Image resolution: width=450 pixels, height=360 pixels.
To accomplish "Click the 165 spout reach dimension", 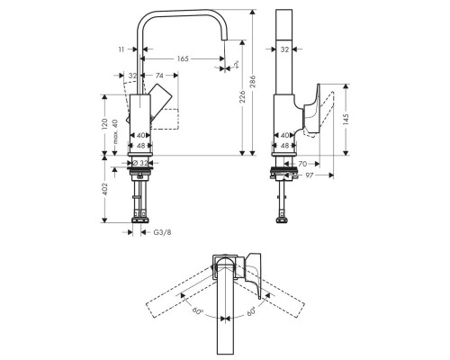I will (184, 58).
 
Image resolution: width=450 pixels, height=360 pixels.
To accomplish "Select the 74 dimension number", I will (159, 76).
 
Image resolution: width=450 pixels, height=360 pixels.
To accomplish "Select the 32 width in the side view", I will (284, 51).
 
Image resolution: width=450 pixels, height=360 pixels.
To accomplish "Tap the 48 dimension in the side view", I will (284, 145).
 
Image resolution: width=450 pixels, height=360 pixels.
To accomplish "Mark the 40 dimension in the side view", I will (284, 135).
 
